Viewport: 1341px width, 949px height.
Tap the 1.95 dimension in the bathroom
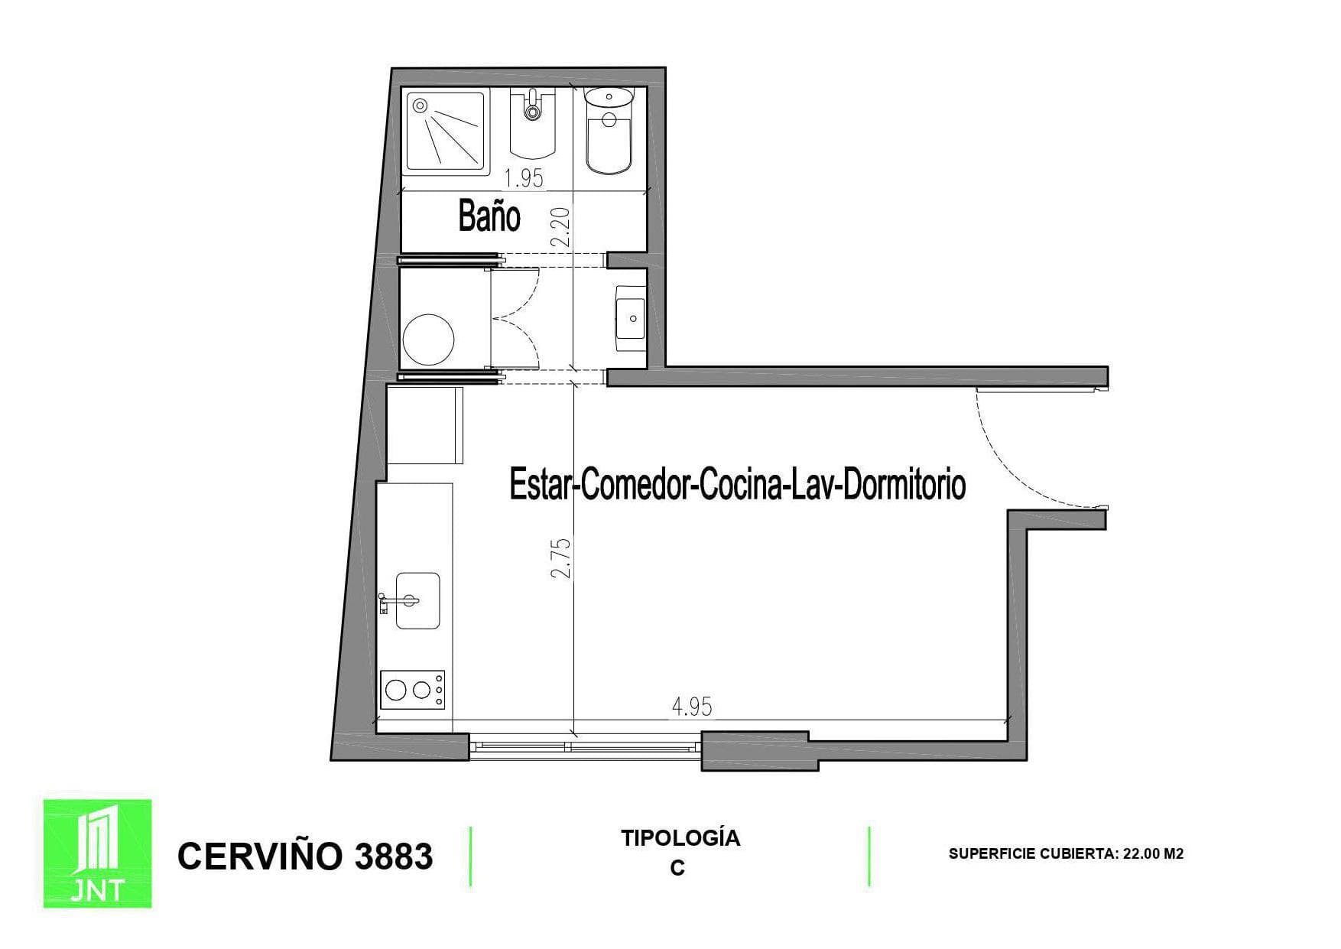tap(524, 178)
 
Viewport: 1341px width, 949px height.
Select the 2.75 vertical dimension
tap(562, 558)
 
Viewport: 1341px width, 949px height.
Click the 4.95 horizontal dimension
tap(692, 707)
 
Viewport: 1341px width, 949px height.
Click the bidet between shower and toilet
tap(532, 126)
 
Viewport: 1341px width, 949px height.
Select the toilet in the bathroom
tap(609, 130)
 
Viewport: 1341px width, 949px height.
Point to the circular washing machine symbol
tap(428, 339)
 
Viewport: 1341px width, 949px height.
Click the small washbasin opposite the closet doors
tap(632, 317)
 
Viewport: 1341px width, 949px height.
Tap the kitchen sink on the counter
tap(417, 601)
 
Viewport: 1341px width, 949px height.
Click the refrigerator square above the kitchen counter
tap(425, 425)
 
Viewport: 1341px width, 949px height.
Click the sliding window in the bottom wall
tap(585, 746)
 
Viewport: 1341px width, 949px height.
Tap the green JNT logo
tap(97, 853)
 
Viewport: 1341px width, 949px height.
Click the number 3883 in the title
tap(394, 856)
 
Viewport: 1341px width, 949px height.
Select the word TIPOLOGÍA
tap(680, 838)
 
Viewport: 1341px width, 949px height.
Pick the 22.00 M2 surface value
tap(1153, 853)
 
